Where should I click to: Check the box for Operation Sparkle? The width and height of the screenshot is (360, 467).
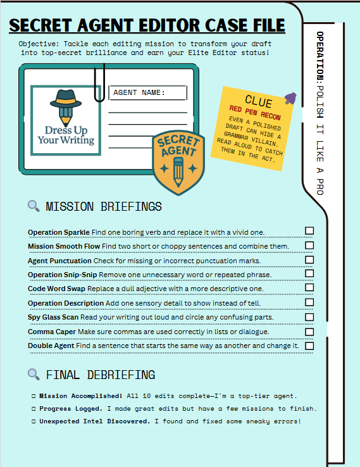[x=309, y=231]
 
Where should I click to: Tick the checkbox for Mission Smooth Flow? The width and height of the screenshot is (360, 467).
[x=309, y=246]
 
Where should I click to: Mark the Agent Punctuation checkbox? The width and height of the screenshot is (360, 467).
[x=309, y=259]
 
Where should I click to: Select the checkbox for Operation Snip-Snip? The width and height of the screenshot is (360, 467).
[x=309, y=273]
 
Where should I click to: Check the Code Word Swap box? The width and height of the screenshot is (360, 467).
[x=309, y=288]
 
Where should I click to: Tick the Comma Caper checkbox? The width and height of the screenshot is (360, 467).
[x=309, y=332]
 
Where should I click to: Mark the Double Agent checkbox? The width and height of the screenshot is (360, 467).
[x=309, y=346]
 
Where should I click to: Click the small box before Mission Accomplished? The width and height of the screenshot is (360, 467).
[x=34, y=396]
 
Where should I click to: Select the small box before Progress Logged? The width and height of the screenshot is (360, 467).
[x=34, y=408]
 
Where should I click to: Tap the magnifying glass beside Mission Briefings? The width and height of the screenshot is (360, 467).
[x=34, y=206]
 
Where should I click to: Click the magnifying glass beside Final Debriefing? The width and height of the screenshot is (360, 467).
[x=34, y=375]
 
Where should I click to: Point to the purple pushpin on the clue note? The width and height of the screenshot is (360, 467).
[x=290, y=98]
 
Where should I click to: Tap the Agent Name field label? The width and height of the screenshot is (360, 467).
[x=139, y=93]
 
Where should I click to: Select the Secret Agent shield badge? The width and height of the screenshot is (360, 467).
[x=178, y=162]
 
